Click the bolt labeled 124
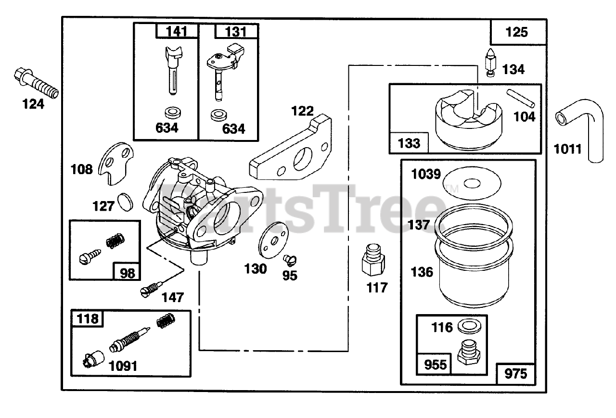(37, 82)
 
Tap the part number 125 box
(517, 32)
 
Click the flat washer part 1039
(471, 182)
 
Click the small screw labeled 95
(290, 260)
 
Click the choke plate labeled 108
(115, 164)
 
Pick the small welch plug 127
(124, 202)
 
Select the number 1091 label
(122, 366)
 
